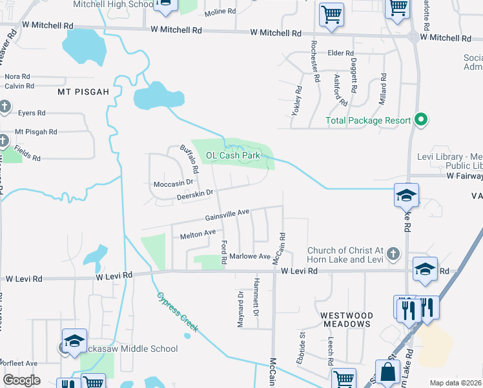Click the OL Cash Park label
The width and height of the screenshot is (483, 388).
pos(232,155)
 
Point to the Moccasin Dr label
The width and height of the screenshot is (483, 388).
pos(174,184)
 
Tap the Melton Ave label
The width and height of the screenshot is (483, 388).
pos(198,234)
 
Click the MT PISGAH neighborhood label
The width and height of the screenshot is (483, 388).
pos(83,92)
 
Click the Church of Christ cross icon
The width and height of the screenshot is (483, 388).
pos(394,255)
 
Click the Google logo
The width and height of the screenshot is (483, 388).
pos(21,380)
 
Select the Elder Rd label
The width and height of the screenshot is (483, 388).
pos(341,53)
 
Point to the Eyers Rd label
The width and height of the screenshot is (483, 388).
pos(32,113)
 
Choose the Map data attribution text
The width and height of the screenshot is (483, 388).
pos(456,383)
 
